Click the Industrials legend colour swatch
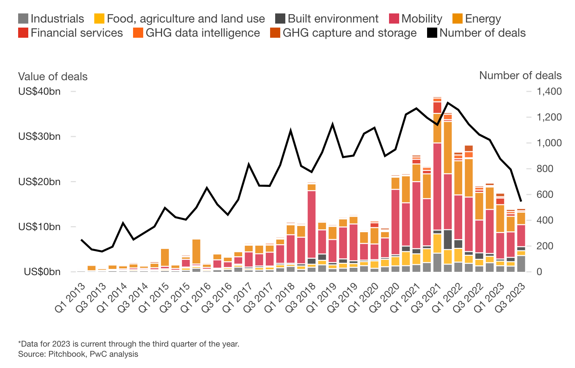[23, 19]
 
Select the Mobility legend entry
[422, 19]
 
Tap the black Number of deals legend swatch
[432, 33]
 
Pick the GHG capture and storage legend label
[349, 33]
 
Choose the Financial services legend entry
[76, 33]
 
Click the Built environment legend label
[333, 19]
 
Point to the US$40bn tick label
[39, 91]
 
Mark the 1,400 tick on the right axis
[549, 91]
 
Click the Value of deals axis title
[53, 77]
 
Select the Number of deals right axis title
[520, 75]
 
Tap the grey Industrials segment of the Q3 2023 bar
[521, 263]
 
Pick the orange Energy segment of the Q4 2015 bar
[196, 251]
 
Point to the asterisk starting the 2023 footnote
[20, 343]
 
